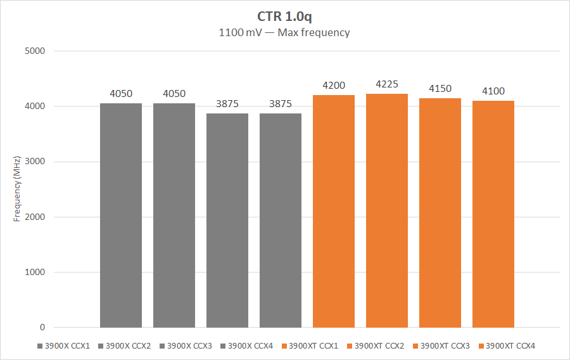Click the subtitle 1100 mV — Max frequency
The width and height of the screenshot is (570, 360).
click(x=284, y=32)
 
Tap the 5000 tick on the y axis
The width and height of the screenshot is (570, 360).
click(x=35, y=51)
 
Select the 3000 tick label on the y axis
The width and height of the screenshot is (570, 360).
click(x=35, y=162)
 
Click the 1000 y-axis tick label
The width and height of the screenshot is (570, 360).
click(x=35, y=273)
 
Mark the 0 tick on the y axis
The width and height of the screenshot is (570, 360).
click(x=42, y=328)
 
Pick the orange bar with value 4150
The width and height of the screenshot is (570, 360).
click(x=440, y=213)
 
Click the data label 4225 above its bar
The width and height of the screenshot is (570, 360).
click(x=387, y=84)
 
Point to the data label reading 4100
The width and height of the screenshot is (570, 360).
click(x=493, y=91)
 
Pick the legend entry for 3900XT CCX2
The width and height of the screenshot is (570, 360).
click(x=379, y=346)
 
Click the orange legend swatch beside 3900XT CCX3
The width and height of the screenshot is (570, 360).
click(x=415, y=346)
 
